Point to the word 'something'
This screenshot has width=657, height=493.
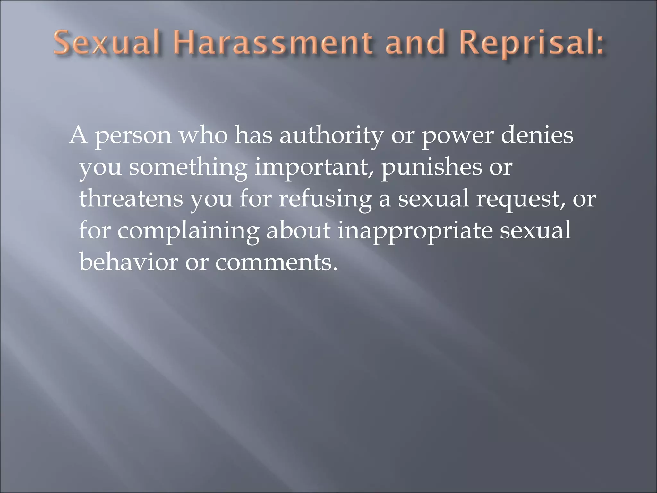pos(188,168)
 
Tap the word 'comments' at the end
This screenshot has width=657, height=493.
pos(276,263)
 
